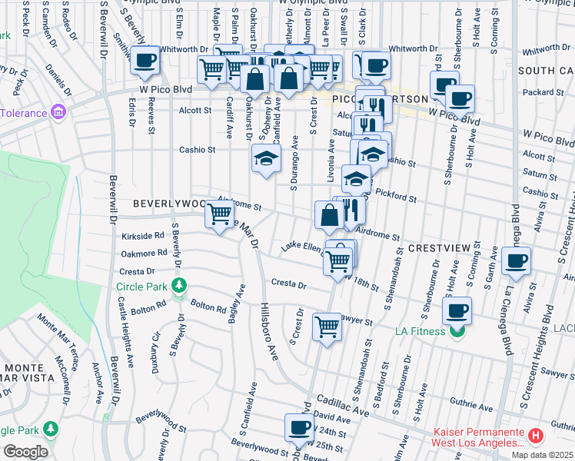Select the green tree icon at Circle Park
click(179, 287)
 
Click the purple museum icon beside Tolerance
click(58, 113)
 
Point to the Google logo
click(25, 452)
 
